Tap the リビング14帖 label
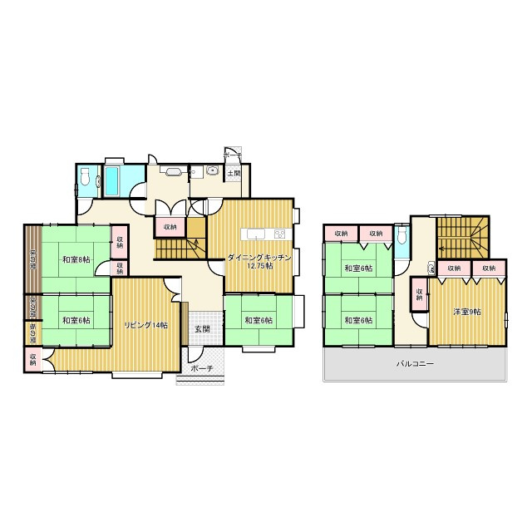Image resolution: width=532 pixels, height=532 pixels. pos(146,325)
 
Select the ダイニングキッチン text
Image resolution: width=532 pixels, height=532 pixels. pos(260,259)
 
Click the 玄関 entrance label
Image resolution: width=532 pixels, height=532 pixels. pos(202,329)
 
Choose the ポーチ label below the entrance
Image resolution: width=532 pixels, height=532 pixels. pos(201,369)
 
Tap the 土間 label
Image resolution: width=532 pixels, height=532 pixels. pos(234,174)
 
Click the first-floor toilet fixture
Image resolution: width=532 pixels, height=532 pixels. pos(85,177)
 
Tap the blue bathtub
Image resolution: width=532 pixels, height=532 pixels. pos(112,177)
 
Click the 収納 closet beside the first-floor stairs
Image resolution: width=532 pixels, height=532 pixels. pos(170,226)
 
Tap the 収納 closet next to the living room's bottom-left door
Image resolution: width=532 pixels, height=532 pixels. pos(32,359)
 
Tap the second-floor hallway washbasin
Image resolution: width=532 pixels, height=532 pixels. pos(431,268)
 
